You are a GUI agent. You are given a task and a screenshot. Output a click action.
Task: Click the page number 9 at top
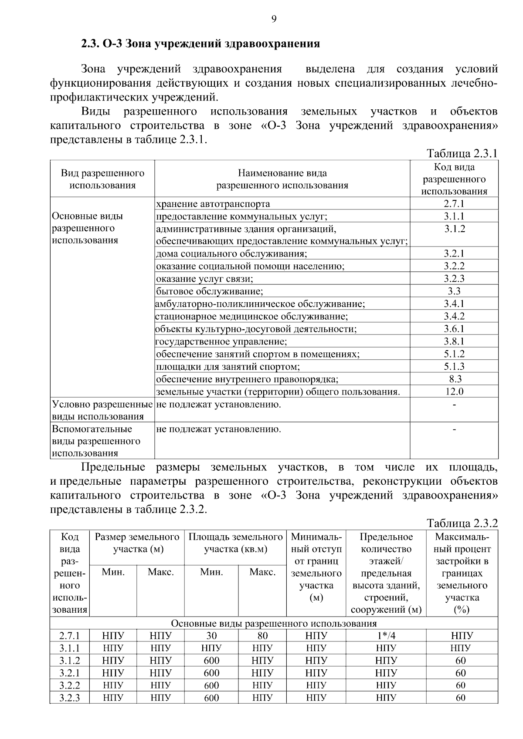pos(274,18)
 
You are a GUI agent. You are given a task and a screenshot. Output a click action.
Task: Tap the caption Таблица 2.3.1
pos(462,153)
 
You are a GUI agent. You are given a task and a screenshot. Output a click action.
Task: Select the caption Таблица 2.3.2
pos(462,523)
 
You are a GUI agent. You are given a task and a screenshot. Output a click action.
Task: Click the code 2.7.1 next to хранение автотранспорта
pos(454,204)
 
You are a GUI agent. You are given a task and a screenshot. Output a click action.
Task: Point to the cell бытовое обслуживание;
pos(210,291)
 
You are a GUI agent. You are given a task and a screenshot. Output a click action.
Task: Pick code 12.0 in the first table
pos(454,391)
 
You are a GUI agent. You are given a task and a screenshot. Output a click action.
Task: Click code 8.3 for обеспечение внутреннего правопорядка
pos(455,379)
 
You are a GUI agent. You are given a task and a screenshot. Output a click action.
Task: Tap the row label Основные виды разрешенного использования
pos(87,228)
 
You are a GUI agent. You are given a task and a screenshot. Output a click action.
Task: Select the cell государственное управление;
pos(221,341)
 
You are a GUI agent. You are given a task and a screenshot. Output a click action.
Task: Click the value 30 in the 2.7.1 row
pos(211,636)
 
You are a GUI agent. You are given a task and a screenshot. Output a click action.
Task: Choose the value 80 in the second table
pos(262,636)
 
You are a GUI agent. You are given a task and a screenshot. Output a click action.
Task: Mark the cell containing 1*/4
pos(386,636)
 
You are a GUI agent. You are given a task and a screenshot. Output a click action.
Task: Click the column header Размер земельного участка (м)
pos(137,543)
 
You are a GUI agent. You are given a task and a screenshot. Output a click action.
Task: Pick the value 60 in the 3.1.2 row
pos(461,661)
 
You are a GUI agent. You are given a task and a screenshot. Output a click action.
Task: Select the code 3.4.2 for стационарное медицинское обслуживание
pos(454,316)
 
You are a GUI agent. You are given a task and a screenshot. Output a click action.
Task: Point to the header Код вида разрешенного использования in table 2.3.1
pos(454,179)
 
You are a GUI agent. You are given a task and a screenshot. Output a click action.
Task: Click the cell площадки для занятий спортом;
pos(228,367)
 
